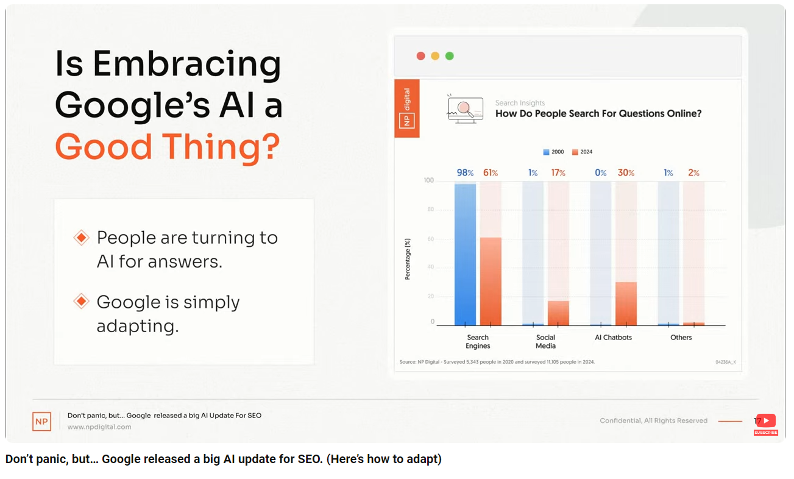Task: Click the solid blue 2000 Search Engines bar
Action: (465, 255)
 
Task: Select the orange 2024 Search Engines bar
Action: (491, 281)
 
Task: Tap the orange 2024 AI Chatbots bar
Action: (626, 303)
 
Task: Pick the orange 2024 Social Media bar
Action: (558, 313)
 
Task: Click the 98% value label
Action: (465, 172)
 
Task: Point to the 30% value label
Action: (626, 172)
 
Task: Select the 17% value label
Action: (558, 172)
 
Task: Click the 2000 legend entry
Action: (553, 152)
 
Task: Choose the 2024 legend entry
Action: (582, 152)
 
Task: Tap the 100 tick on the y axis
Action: (428, 180)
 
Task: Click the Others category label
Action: (681, 337)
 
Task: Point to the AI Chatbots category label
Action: (613, 337)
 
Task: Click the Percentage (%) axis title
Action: (408, 259)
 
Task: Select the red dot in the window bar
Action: (420, 56)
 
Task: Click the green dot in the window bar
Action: (450, 56)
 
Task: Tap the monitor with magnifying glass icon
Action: (465, 109)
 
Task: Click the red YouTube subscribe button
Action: (765, 424)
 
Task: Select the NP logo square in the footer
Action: (42, 421)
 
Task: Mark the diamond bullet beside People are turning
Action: (81, 237)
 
